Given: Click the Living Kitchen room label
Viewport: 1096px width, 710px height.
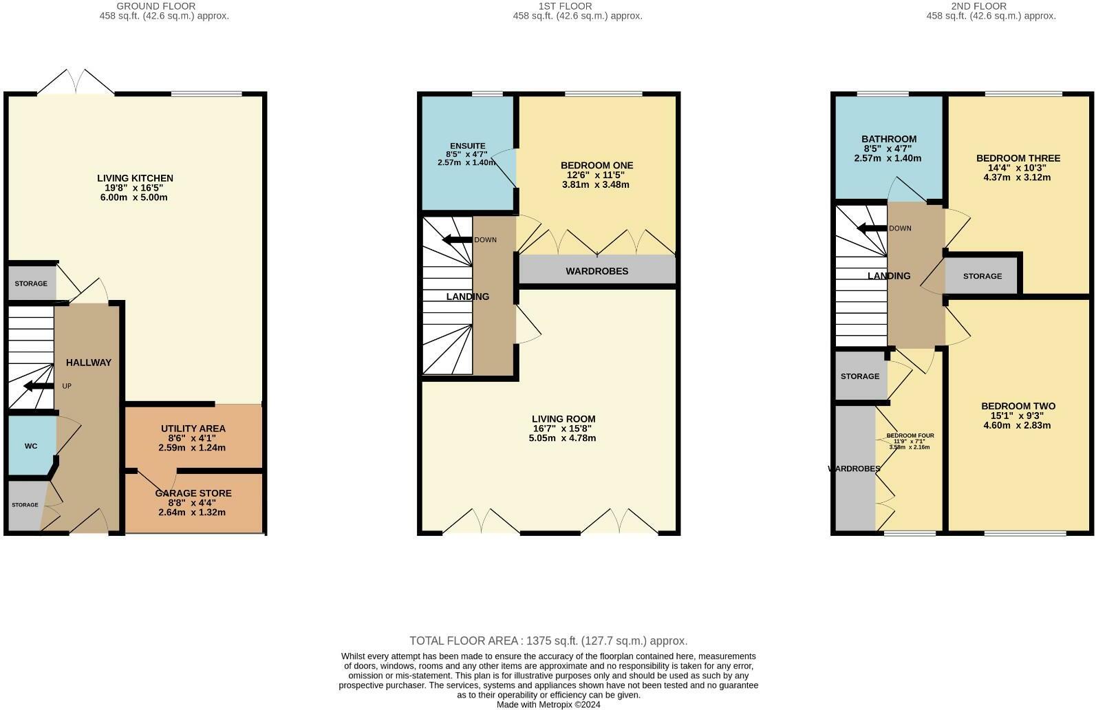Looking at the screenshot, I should (x=135, y=178).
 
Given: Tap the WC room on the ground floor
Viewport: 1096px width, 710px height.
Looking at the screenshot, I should (x=31, y=446).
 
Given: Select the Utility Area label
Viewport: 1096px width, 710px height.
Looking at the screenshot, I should (x=193, y=429).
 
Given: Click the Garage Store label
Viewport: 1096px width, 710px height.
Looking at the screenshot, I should (x=193, y=493).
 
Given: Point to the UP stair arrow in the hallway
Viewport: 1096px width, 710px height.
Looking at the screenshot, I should (x=39, y=386).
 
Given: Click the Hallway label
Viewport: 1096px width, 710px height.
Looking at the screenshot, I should (x=88, y=363).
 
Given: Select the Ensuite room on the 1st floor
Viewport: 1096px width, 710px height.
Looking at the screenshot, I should (x=467, y=146).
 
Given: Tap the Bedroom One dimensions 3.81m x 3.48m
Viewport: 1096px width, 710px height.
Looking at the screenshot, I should (x=597, y=184).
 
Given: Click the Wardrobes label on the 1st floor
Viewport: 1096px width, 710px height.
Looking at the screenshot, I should (x=597, y=271).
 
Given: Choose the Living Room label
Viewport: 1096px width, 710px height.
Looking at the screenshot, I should (x=563, y=419).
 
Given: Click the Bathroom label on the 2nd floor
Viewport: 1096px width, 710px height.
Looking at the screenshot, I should (x=888, y=139).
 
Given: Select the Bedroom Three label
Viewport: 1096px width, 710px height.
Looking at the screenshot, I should (x=1018, y=158).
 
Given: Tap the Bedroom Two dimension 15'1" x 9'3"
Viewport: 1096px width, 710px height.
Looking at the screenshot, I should (x=1018, y=416).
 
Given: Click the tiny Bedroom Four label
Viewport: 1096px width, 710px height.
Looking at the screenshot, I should (x=910, y=435).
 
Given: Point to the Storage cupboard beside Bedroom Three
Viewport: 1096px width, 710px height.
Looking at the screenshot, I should (x=982, y=276).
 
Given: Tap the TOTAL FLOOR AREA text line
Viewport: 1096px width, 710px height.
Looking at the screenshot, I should (x=548, y=641).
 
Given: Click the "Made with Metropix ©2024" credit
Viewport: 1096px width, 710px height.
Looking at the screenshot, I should (x=548, y=704).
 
